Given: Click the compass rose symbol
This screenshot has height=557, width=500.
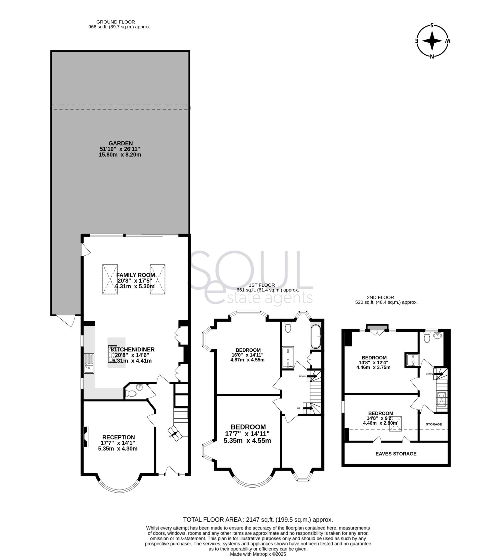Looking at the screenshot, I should pyautogui.click(x=432, y=41).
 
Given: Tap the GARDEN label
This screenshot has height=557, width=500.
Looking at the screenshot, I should pyautogui.click(x=121, y=143).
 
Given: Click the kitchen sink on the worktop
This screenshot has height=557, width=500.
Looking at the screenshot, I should pyautogui.click(x=89, y=363).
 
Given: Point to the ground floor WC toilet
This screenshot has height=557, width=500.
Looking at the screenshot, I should pyautogui.click(x=131, y=394).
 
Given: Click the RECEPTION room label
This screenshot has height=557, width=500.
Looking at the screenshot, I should pyautogui.click(x=118, y=437).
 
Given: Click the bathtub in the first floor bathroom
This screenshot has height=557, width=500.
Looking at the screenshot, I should pyautogui.click(x=316, y=337).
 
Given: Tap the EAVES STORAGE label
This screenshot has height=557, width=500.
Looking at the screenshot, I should pyautogui.click(x=396, y=454).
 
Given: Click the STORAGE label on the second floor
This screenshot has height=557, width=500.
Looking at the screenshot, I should pyautogui.click(x=434, y=425).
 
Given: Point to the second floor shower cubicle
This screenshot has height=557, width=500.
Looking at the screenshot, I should pyautogui.click(x=412, y=361).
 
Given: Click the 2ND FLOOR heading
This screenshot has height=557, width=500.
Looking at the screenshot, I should pyautogui.click(x=380, y=297).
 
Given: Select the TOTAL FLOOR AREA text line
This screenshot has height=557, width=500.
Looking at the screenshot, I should pyautogui.click(x=258, y=519).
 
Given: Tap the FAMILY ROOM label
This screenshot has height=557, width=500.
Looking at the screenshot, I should pyautogui.click(x=136, y=275).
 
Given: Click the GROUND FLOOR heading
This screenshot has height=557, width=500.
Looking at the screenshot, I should pyautogui.click(x=115, y=22).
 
